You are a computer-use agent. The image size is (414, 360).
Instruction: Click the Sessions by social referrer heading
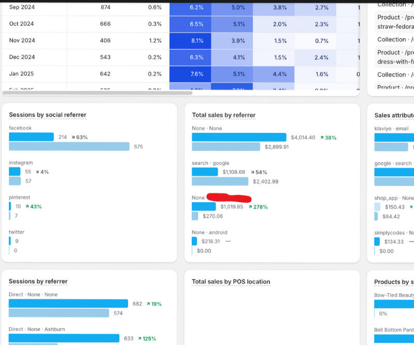pos(48,115)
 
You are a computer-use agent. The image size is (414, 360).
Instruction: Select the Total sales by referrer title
pos(224,115)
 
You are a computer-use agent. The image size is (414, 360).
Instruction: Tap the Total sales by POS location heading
pos(231,282)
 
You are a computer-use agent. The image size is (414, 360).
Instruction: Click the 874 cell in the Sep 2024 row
pos(105,8)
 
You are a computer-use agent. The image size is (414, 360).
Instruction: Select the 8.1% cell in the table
pos(197,41)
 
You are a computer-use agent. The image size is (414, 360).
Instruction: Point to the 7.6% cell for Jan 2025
pos(197,74)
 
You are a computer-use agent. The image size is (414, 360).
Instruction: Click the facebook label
pos(20,128)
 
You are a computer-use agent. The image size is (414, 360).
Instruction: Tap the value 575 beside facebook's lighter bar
pos(138,146)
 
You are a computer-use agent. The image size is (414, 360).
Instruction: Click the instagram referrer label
pos(21,162)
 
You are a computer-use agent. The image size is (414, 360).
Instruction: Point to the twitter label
pos(17,232)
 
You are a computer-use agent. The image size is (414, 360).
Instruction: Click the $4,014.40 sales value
pos(303,138)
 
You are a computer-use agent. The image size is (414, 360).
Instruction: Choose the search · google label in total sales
pos(210,163)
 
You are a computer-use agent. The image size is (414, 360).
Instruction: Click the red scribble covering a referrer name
pos(229,198)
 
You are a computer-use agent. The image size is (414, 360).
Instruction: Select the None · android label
pos(209,232)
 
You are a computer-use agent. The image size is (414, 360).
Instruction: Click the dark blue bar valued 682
pos(68,304)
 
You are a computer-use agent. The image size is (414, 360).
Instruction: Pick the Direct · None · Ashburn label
pos(37,329)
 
